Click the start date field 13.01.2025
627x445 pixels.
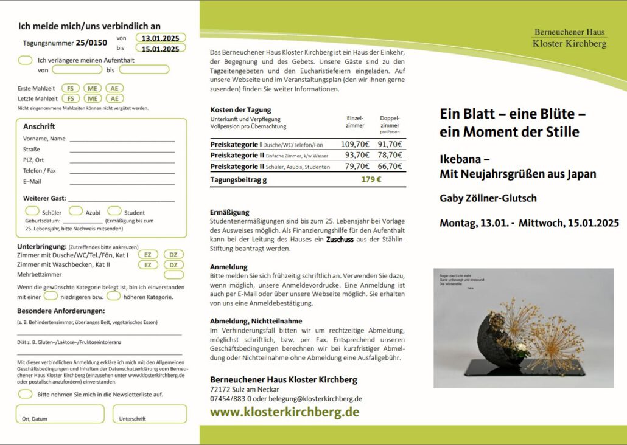(160, 38)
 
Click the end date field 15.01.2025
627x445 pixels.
(160, 49)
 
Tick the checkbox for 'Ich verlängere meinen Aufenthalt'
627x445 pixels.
(26, 60)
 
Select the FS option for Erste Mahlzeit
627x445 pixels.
(71, 88)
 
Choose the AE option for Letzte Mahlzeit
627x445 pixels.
(114, 98)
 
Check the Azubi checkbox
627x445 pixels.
(75, 212)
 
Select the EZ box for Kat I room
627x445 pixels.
(147, 255)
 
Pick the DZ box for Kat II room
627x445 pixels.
(173, 265)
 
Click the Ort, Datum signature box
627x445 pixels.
(60, 413)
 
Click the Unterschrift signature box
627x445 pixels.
(150, 413)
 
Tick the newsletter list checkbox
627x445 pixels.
(26, 394)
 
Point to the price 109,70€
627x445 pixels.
(355, 145)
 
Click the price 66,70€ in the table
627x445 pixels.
(390, 166)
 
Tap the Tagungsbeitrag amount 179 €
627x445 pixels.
(371, 179)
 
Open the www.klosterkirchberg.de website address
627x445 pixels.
(284, 412)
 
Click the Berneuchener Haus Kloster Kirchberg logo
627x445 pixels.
(569, 38)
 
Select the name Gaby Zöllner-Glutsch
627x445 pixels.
(488, 198)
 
